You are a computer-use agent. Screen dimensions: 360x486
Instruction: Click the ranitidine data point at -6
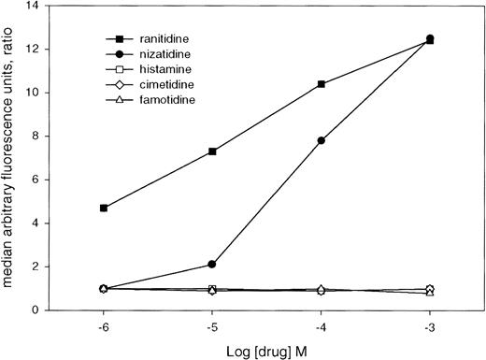point(104,208)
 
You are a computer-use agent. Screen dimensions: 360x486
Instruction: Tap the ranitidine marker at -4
point(322,84)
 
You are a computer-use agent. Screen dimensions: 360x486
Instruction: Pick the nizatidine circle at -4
point(322,140)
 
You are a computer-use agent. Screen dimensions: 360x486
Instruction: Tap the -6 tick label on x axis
point(104,327)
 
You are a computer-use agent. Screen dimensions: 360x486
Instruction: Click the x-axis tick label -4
point(322,327)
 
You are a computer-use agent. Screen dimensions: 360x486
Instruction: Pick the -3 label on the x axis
point(431,327)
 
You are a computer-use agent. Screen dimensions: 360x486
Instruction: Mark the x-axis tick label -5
point(213,327)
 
